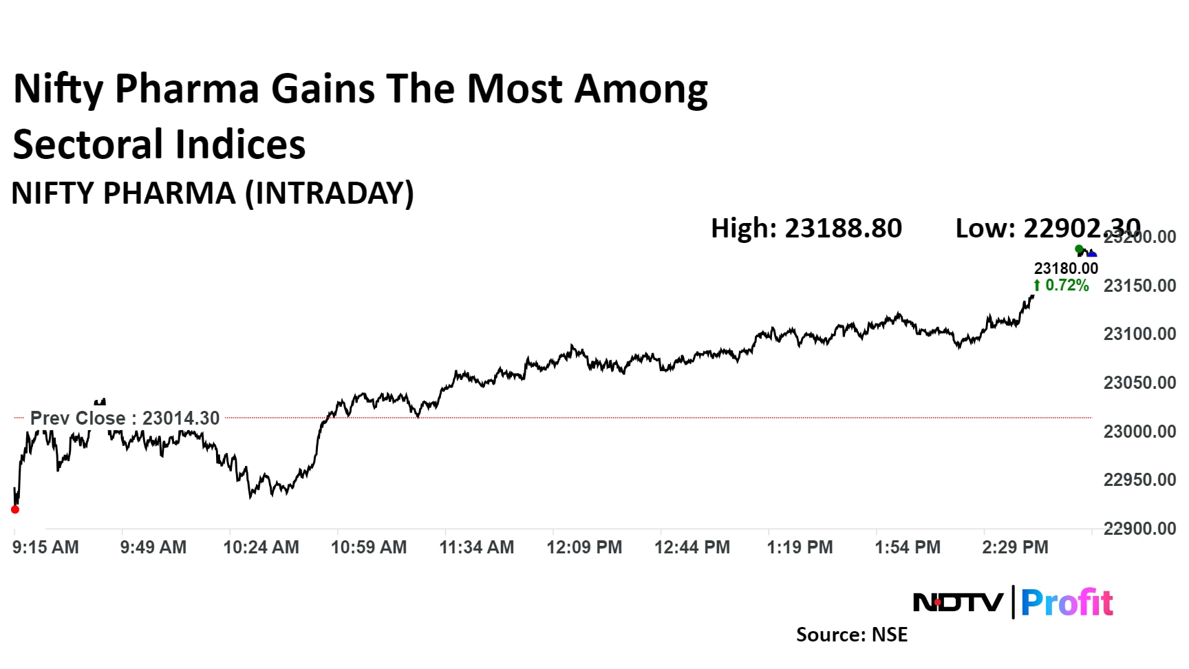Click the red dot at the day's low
[x=15, y=509]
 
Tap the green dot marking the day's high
[x=1079, y=249]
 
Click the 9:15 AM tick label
[x=45, y=547]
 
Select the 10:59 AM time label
[x=369, y=547]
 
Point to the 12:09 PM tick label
[x=584, y=547]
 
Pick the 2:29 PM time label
[x=1015, y=547]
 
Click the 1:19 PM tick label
[x=800, y=547]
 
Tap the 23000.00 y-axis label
[x=1139, y=432]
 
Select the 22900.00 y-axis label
[x=1139, y=529]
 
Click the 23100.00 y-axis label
[x=1139, y=334]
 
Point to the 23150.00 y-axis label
[x=1139, y=286]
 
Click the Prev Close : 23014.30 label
[x=125, y=418]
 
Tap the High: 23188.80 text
[x=806, y=229]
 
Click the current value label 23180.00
[x=1066, y=268]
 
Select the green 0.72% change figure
[x=1066, y=285]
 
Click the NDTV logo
[x=958, y=603]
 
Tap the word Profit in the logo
[x=1067, y=603]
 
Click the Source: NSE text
[x=851, y=635]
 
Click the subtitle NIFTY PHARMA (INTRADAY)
[x=213, y=193]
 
